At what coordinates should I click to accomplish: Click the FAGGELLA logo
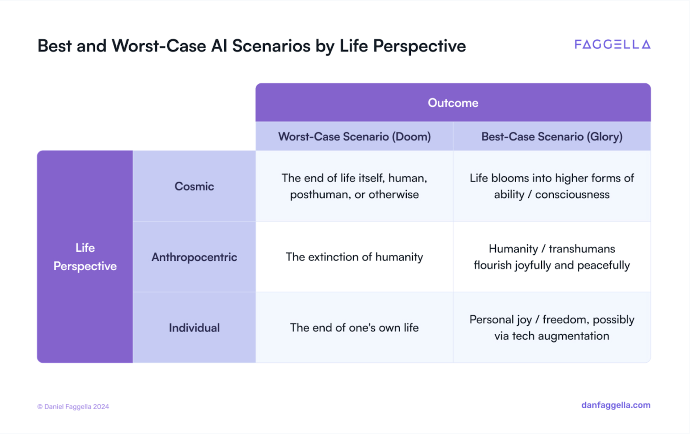click(x=612, y=45)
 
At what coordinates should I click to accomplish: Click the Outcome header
click(x=453, y=103)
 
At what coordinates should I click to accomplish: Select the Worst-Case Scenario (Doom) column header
click(x=354, y=136)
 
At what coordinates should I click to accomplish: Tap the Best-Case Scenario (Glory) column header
click(x=552, y=136)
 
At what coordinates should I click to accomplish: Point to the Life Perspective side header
click(x=85, y=257)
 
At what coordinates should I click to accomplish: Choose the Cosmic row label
click(x=194, y=186)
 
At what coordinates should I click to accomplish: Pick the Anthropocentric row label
click(x=194, y=257)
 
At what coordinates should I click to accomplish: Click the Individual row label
click(x=194, y=328)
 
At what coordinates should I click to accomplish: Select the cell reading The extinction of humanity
click(x=354, y=257)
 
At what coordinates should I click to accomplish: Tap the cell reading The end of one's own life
click(x=354, y=328)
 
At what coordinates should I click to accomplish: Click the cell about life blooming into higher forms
click(x=552, y=186)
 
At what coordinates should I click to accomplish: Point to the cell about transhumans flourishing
click(x=552, y=257)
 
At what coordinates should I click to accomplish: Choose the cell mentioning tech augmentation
click(x=552, y=328)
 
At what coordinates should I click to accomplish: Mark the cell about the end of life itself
click(x=354, y=186)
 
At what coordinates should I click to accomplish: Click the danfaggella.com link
click(x=616, y=405)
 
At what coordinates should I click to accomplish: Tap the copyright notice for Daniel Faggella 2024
click(x=73, y=406)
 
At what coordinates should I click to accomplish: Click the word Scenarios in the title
click(x=271, y=46)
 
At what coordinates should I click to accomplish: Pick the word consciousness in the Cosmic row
click(x=572, y=195)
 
